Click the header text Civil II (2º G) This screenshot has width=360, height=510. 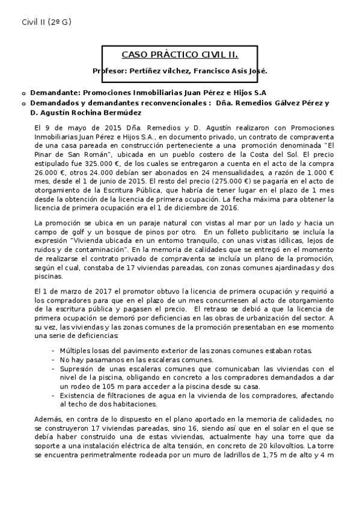pos(46,22)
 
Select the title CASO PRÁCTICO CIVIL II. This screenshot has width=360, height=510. pos(180,55)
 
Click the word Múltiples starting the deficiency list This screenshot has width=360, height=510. pos(76,351)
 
